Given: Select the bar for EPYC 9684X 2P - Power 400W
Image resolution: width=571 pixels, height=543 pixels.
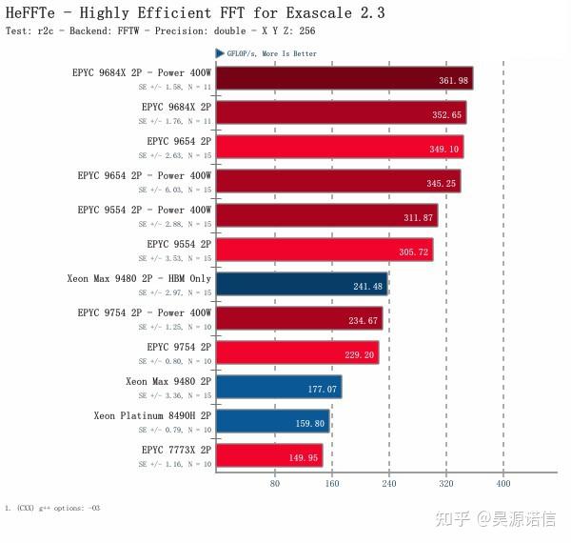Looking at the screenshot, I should click(344, 78).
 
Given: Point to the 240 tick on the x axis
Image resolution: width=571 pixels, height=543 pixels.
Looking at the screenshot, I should click(388, 483).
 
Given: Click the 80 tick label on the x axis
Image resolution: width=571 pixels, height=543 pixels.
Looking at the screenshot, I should click(274, 483).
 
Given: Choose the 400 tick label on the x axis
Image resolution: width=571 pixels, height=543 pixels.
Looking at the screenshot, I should click(503, 483).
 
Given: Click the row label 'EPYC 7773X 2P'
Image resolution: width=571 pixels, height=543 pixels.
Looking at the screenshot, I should click(176, 450).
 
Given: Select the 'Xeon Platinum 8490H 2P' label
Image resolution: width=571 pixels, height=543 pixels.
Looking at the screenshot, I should click(152, 415).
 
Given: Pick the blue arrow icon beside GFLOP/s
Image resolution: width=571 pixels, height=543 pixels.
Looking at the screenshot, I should click(220, 53).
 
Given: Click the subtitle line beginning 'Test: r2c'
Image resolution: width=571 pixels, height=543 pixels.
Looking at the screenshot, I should click(160, 31).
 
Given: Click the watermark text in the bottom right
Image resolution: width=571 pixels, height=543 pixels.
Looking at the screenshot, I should click(495, 518).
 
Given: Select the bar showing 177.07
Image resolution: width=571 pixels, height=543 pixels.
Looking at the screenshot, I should click(278, 387).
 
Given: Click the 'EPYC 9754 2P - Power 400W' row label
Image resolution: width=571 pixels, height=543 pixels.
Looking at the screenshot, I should click(145, 312).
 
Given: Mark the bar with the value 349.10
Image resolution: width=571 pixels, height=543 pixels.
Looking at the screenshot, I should click(339, 147).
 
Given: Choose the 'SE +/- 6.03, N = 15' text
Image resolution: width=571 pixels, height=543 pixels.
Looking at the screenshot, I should click(175, 190).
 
